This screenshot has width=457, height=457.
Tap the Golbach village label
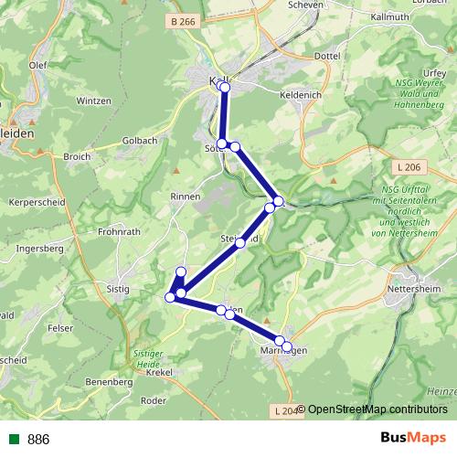point(140,141)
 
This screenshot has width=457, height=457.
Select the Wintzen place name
point(92,101)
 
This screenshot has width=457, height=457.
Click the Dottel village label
point(325,57)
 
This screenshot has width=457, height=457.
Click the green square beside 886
point(14,439)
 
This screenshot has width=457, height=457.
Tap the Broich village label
point(77,156)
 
